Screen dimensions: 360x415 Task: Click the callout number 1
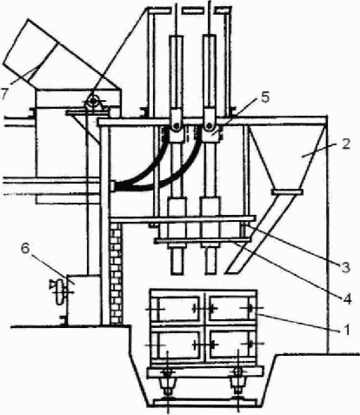pos(346,330)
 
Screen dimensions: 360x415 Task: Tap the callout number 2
pos(345,144)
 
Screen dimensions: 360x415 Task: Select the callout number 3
pos(345,267)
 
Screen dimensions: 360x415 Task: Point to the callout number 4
pos(347,298)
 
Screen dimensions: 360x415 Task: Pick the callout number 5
pos(265,97)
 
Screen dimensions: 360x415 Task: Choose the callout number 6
pos(25,249)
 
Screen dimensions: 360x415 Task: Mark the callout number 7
pos(3,94)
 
